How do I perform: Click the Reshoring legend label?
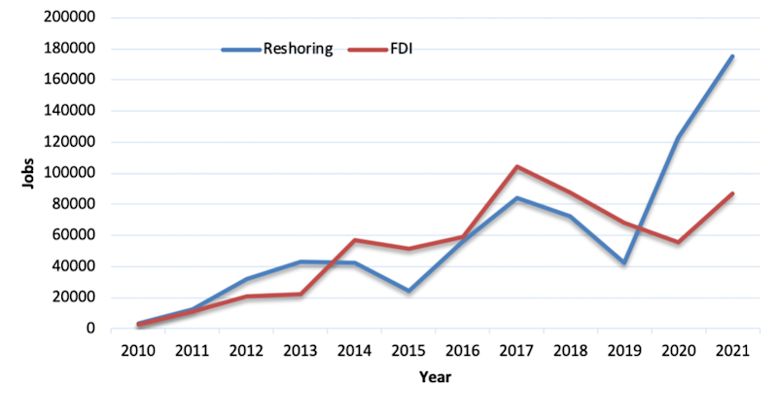[298, 49]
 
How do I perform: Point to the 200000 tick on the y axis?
[67, 17]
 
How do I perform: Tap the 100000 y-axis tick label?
[67, 173]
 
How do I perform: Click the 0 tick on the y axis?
[89, 329]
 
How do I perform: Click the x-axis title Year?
[435, 376]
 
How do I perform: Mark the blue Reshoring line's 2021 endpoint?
[732, 56]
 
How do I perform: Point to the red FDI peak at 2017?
[515, 166]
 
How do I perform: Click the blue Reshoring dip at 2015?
[407, 292]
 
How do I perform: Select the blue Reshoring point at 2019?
[623, 263]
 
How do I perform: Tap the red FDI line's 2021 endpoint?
[732, 193]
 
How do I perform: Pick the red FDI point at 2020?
[678, 242]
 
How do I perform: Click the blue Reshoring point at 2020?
[678, 137]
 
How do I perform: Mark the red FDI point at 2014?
[354, 240]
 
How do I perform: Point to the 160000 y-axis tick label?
[67, 80]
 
